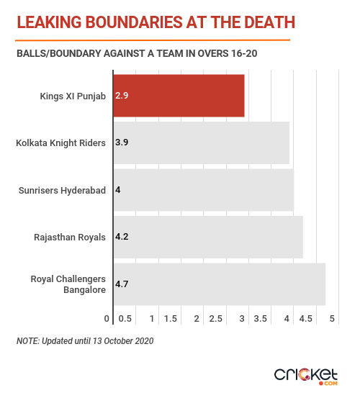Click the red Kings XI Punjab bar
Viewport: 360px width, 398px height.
coord(179,96)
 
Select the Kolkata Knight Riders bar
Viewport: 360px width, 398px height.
coord(202,143)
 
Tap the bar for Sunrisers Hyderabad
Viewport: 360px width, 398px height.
coord(204,190)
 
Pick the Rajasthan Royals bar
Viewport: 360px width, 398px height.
coord(208,237)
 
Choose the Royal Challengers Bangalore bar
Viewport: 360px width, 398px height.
coord(220,284)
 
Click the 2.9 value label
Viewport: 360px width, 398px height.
coord(122,96)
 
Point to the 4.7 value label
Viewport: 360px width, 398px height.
coord(122,284)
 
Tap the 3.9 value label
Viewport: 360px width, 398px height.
coord(122,143)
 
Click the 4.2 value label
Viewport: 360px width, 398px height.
coord(122,237)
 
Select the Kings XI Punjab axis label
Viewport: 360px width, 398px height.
coord(73,96)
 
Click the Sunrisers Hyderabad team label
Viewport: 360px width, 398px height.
coord(62,191)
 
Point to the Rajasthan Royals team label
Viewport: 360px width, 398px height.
coord(70,238)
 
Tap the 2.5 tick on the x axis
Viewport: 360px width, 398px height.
coord(215,319)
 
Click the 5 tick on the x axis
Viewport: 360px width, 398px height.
coord(332,319)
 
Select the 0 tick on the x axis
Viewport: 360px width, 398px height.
coord(107,319)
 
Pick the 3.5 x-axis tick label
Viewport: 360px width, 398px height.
coord(261,319)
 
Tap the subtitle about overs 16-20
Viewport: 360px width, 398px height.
coord(137,53)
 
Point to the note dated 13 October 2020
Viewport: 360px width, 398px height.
coord(85,341)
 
